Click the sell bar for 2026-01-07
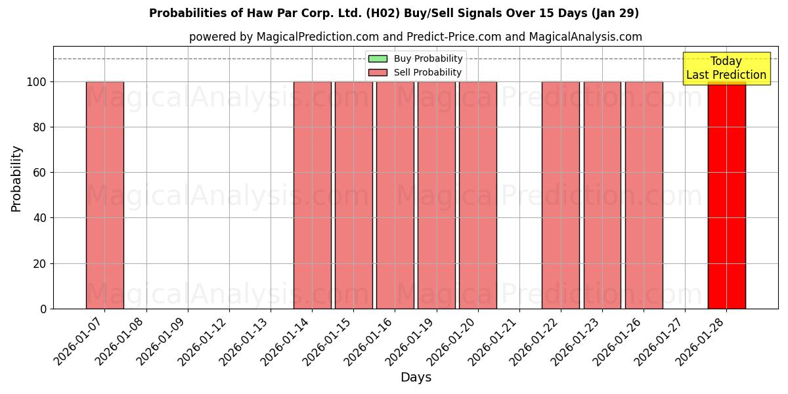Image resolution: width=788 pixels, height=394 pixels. [x=104, y=195]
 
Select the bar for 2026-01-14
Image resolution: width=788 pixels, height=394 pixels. [x=312, y=195]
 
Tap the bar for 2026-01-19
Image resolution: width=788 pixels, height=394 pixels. [x=436, y=195]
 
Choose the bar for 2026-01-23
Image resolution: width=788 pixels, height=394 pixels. [x=602, y=195]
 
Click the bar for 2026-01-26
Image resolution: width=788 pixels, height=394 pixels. [x=644, y=195]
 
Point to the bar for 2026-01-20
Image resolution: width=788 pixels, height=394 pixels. [x=477, y=195]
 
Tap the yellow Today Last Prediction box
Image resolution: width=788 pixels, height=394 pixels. [x=726, y=69]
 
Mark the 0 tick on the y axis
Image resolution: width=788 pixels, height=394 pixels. [x=43, y=309]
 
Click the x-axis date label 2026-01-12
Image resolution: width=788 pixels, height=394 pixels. [x=203, y=341]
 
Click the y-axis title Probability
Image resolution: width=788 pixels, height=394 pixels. [x=16, y=179]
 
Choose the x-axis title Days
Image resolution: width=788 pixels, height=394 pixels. [x=416, y=378]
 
